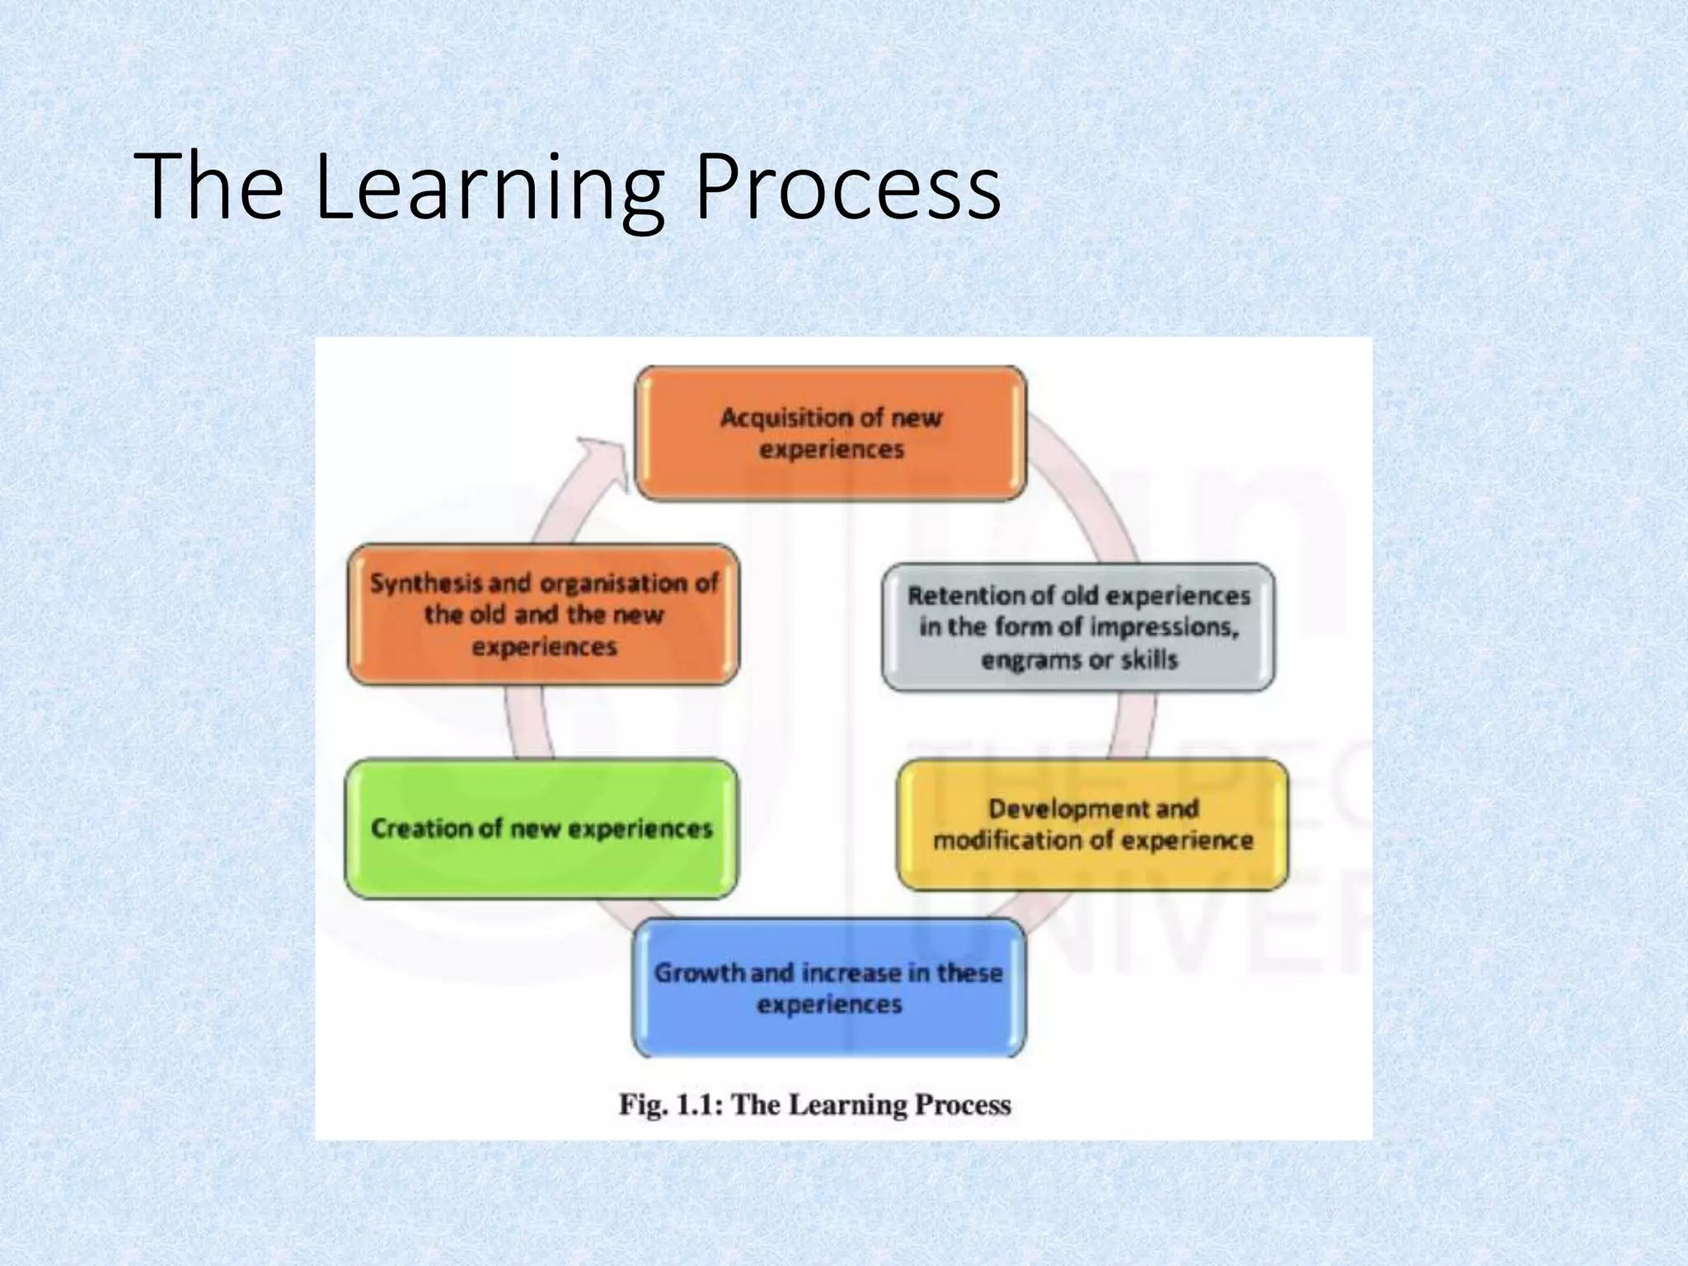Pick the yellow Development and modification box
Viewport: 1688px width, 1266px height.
(x=1092, y=825)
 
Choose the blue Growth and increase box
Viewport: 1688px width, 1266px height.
(x=829, y=988)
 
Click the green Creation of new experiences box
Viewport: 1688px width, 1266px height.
(x=542, y=828)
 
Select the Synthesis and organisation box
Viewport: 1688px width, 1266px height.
(x=543, y=615)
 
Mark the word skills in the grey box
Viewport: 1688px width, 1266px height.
(x=1150, y=660)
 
